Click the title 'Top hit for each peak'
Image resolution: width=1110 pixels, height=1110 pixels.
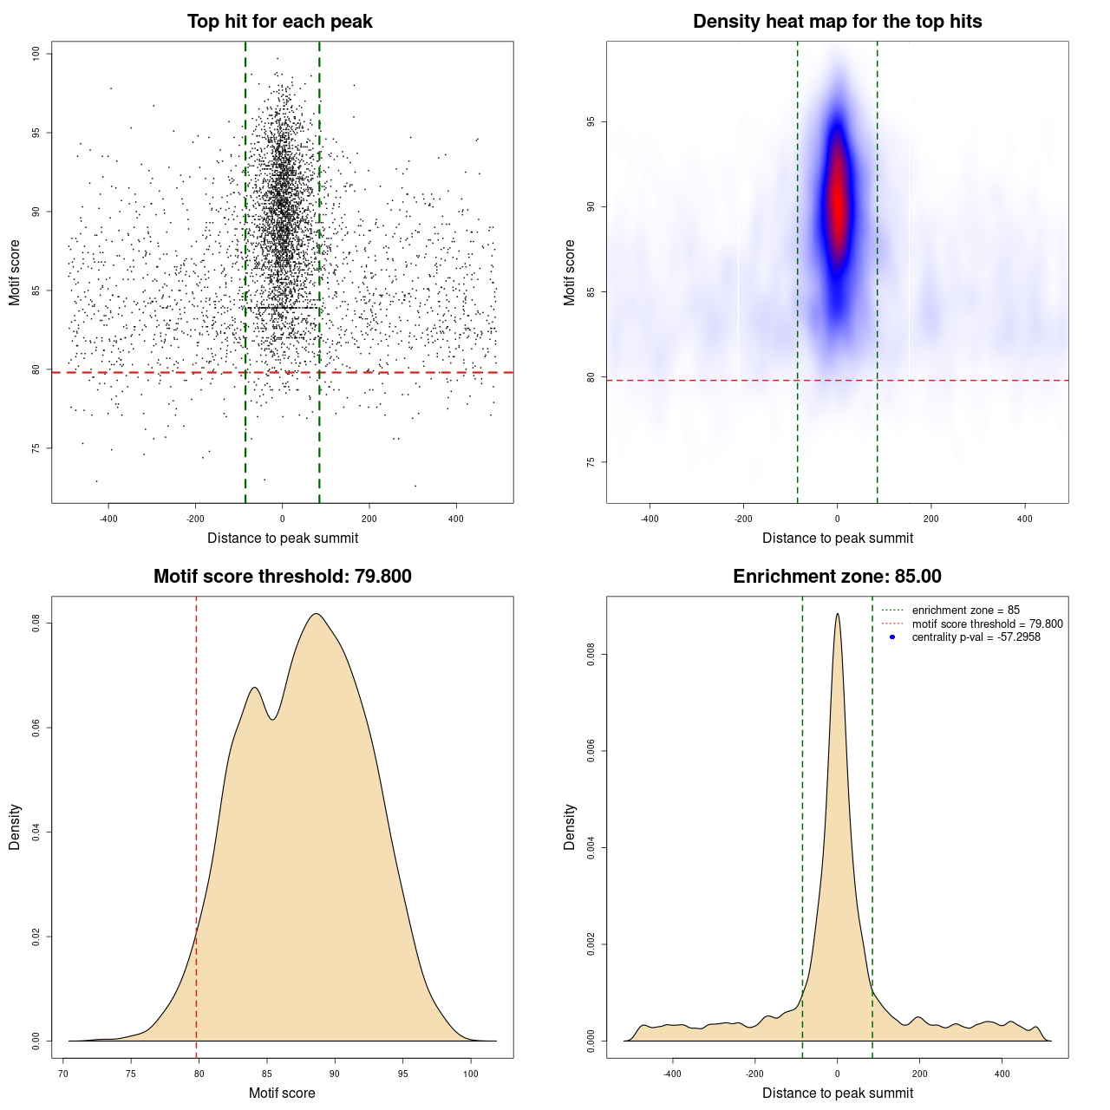279,22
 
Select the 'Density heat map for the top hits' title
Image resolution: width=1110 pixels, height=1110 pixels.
837,22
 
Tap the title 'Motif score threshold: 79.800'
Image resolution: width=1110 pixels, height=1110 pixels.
282,577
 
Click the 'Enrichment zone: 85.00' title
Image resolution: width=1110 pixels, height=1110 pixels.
837,577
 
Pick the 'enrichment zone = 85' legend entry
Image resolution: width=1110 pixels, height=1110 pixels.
965,610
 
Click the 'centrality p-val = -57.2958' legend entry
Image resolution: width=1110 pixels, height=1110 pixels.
976,637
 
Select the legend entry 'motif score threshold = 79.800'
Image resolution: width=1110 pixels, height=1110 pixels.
987,624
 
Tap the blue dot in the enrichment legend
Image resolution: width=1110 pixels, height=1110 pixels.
892,637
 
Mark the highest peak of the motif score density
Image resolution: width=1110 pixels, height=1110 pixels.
317,614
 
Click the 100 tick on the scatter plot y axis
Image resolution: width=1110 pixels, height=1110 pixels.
36,54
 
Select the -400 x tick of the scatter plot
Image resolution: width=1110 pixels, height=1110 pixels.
108,519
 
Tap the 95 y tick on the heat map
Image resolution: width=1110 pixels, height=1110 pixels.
591,122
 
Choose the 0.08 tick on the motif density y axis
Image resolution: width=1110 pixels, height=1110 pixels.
36,624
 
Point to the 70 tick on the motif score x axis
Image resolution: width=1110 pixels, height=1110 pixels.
63,1074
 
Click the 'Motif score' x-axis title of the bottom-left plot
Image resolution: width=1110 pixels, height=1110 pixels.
282,1093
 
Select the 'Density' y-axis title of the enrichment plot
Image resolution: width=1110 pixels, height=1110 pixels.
570,826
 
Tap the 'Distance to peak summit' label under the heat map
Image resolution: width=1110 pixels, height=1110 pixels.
837,538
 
